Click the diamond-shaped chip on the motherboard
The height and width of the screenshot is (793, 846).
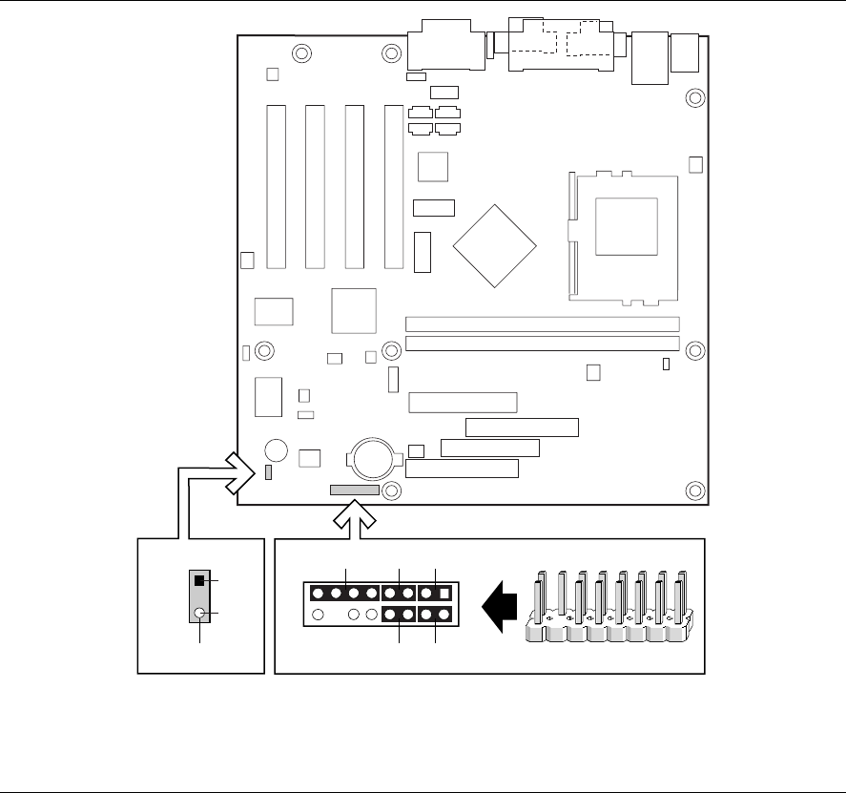pos(496,243)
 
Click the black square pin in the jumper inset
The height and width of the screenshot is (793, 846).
pos(199,580)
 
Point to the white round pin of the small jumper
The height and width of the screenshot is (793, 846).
pos(199,614)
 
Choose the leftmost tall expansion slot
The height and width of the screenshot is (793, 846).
pos(276,185)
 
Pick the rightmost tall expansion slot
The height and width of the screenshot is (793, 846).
pos(393,185)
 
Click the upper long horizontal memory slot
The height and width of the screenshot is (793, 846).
pos(542,324)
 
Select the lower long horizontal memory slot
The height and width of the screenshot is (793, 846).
pos(542,344)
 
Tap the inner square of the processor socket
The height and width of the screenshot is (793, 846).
pos(626,226)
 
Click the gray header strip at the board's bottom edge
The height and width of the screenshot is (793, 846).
pos(355,490)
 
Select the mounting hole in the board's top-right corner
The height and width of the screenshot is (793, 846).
pos(695,97)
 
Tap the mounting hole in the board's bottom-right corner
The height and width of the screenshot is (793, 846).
pos(695,490)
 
